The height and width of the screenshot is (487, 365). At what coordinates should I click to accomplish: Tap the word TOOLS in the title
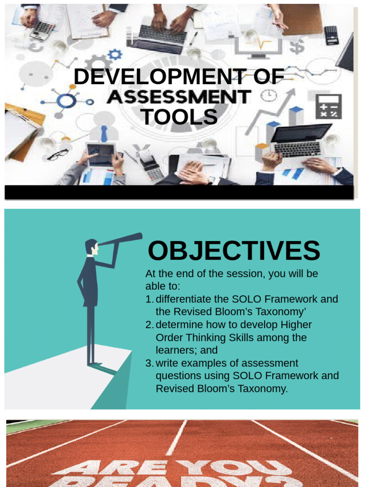coord(179,117)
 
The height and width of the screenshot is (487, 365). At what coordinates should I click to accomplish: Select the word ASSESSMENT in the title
coord(179,97)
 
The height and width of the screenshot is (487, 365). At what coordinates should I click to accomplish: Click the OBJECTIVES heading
coord(234,251)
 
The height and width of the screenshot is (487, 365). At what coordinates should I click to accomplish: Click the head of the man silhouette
coord(91,246)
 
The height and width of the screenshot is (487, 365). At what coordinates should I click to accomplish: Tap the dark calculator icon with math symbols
coord(328,107)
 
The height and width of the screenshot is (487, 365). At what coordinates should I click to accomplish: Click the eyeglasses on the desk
coord(58,155)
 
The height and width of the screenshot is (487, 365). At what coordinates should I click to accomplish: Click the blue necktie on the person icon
coord(104,134)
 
